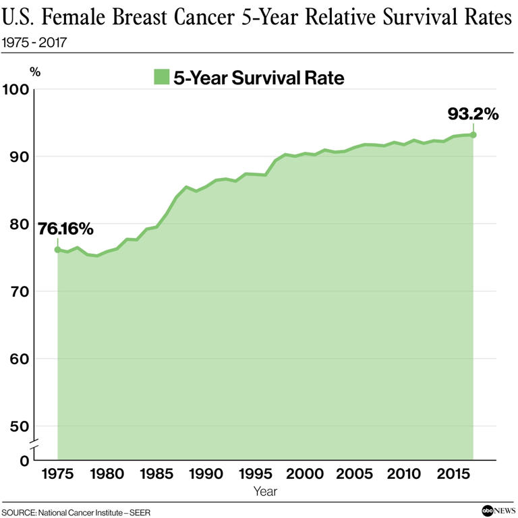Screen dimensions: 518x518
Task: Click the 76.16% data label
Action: tap(65, 229)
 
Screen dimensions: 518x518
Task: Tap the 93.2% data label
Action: tap(473, 114)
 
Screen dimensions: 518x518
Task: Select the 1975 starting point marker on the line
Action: tap(57, 250)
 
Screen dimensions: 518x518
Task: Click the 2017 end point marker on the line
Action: tap(473, 135)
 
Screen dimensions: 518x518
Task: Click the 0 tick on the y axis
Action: tap(24, 461)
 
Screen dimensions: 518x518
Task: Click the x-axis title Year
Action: tap(265, 492)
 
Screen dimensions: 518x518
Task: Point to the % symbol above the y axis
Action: tap(35, 71)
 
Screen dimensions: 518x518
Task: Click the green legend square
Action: tap(161, 78)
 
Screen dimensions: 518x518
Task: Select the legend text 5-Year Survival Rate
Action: tap(259, 78)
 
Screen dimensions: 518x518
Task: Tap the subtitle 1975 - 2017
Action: tap(34, 42)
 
